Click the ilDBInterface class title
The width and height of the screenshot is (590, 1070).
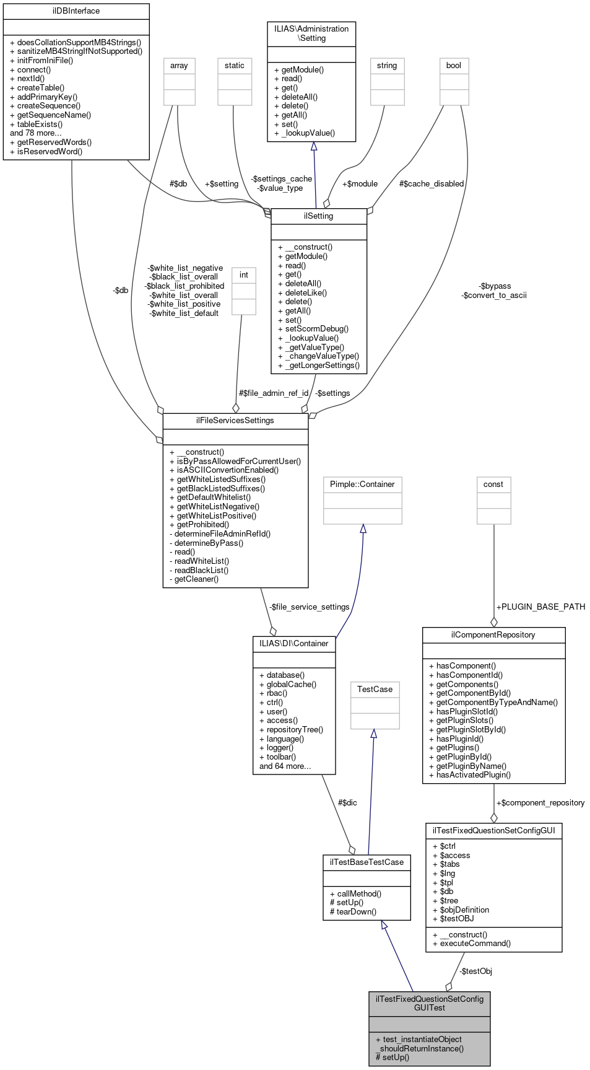click(76, 11)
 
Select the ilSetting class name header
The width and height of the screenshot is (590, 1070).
click(319, 216)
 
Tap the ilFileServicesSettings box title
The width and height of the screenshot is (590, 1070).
click(235, 421)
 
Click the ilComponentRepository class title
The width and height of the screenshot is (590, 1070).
click(493, 635)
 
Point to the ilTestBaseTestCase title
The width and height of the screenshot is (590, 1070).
click(367, 862)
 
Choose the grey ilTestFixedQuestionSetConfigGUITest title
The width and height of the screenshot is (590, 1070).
click(429, 1003)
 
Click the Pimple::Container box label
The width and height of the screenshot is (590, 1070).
click(362, 485)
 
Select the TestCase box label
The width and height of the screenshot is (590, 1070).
click(375, 690)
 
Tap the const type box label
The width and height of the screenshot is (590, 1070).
click(493, 485)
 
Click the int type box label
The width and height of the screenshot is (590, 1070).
click(244, 275)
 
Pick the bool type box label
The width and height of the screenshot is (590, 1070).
click(454, 66)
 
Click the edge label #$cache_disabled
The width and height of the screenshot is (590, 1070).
click(432, 184)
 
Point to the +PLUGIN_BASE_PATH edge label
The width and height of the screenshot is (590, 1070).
click(540, 607)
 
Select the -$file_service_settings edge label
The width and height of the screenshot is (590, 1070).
click(310, 607)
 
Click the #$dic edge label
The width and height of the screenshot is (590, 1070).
click(347, 803)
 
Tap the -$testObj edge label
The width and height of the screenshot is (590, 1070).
click(475, 971)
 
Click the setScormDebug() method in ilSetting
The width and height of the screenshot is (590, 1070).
click(317, 329)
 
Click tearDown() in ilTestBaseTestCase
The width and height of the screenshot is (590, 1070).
click(357, 912)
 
